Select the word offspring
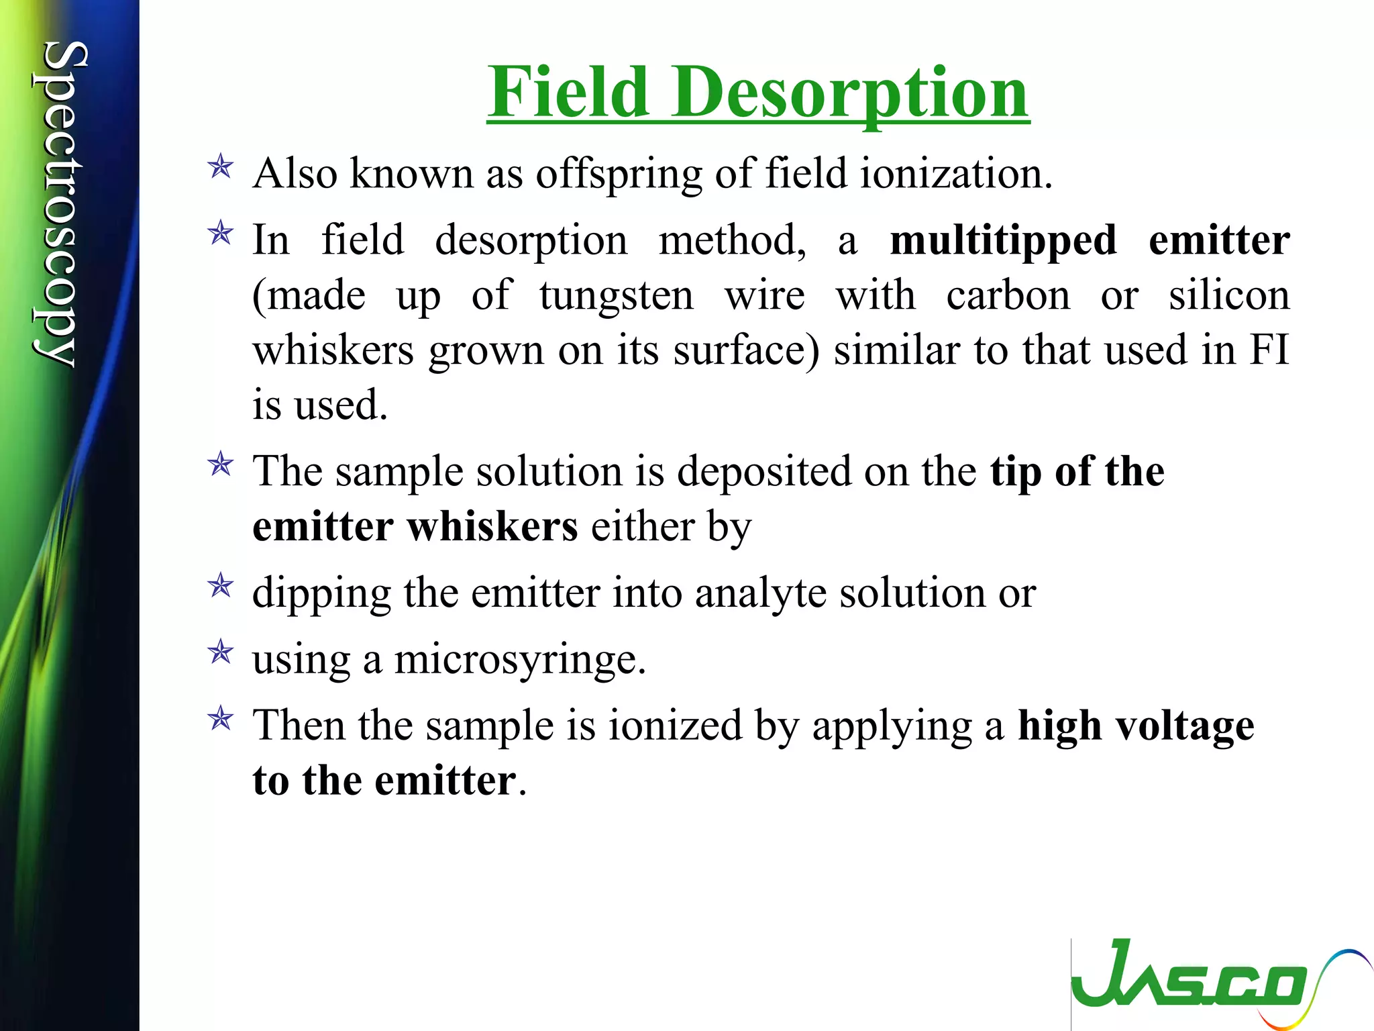click(618, 174)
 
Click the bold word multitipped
click(1003, 240)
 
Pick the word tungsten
click(616, 295)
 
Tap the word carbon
click(1008, 295)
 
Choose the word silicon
click(1229, 295)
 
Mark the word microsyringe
click(520, 660)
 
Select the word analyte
click(760, 593)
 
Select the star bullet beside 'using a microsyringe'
click(221, 652)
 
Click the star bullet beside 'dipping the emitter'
click(221, 586)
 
